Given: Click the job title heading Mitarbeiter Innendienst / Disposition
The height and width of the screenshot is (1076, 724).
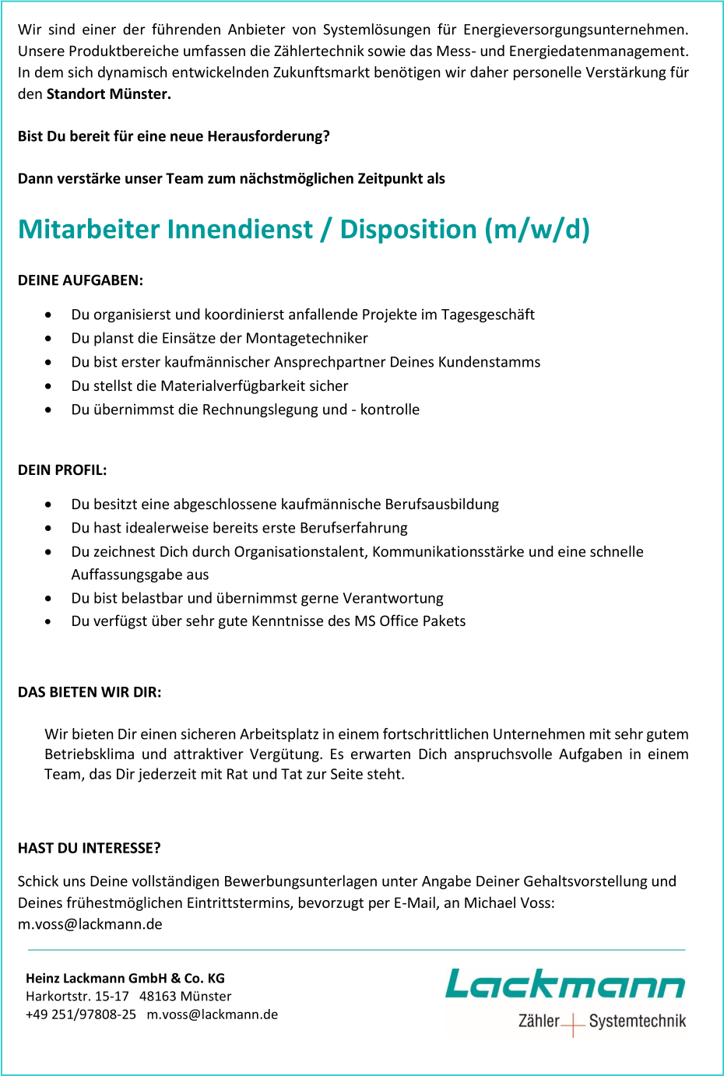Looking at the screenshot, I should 304,230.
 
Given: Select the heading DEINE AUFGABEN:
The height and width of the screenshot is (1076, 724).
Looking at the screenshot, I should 80,280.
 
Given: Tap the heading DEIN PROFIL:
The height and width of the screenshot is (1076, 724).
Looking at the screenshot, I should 62,470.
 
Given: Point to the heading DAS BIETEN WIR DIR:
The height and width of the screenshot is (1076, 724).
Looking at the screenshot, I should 90,692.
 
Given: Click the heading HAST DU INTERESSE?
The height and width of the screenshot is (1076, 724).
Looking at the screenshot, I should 90,848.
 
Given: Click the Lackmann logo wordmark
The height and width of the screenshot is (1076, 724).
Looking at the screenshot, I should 564,984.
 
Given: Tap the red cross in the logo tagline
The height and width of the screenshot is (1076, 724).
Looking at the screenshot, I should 572,1023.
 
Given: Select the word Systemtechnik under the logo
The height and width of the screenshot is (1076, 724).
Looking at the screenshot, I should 637,1021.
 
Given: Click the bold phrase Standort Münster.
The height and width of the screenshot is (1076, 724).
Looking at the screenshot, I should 107,94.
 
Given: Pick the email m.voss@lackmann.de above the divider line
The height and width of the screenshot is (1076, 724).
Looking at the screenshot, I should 90,924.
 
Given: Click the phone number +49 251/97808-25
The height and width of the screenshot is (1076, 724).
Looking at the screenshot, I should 81,1014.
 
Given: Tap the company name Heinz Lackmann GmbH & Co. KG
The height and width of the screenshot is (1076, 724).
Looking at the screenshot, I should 125,979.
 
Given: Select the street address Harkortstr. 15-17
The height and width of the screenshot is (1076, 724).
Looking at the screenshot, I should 77,997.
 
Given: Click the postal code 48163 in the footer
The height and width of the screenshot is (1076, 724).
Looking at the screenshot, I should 156,997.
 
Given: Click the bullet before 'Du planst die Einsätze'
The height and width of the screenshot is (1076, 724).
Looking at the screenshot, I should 49,339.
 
